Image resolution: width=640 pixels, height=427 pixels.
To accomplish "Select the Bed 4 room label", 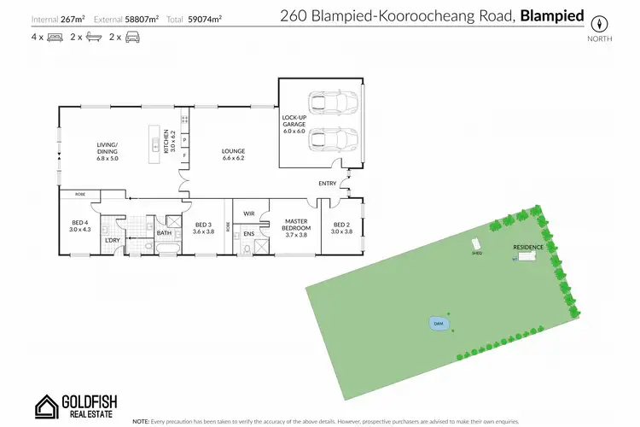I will [79, 226].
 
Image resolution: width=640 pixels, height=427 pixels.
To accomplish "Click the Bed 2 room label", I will [341, 227].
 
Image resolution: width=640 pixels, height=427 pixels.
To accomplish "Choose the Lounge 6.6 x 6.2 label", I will [233, 155].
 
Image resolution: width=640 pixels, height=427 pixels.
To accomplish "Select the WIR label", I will [249, 213].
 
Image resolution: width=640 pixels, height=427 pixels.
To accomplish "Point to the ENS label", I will [249, 233].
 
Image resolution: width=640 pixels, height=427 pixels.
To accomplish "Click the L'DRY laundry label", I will [111, 240].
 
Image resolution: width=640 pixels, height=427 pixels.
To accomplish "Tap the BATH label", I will [165, 232].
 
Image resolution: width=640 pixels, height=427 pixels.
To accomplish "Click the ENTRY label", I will [328, 184].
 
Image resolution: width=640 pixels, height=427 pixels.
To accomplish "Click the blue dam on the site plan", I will [438, 325].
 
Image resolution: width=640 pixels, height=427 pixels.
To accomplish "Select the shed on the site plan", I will [476, 248].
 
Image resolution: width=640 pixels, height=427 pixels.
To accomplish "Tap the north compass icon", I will [601, 23].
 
